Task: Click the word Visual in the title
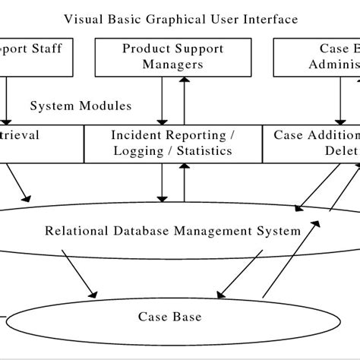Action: pos(82,18)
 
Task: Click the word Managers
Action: pos(173,65)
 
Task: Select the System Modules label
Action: pos(81,106)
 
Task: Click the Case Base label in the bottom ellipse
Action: pos(169,317)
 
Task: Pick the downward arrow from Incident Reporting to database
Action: pos(162,182)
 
